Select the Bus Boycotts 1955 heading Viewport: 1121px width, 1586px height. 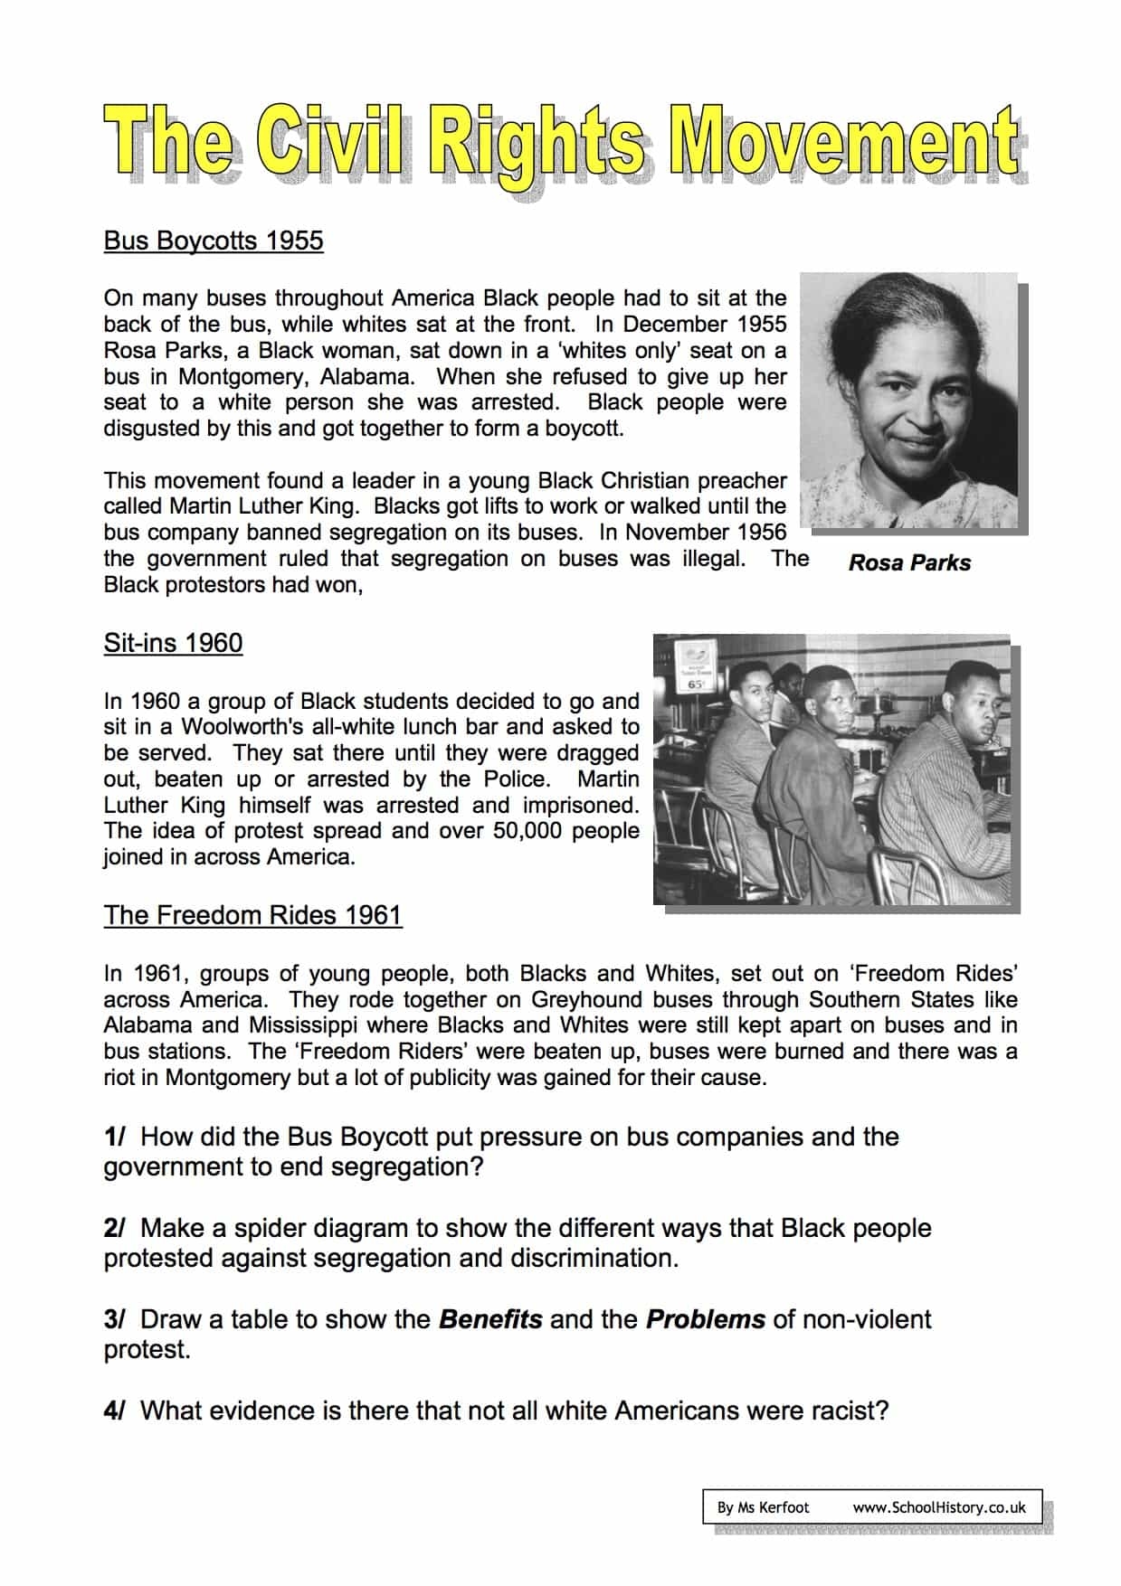pos(214,241)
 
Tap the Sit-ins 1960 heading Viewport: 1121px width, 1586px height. pos(173,643)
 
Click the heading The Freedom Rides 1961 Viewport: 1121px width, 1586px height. pos(252,915)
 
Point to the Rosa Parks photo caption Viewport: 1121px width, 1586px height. pos(909,562)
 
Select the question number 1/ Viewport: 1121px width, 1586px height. pos(114,1137)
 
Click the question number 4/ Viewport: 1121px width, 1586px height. pos(114,1411)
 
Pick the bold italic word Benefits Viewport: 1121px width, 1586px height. pos(490,1319)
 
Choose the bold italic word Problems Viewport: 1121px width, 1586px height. pos(706,1319)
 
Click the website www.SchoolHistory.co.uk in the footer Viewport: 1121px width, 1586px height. pos(939,1507)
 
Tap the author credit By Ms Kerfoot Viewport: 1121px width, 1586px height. pos(763,1507)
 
